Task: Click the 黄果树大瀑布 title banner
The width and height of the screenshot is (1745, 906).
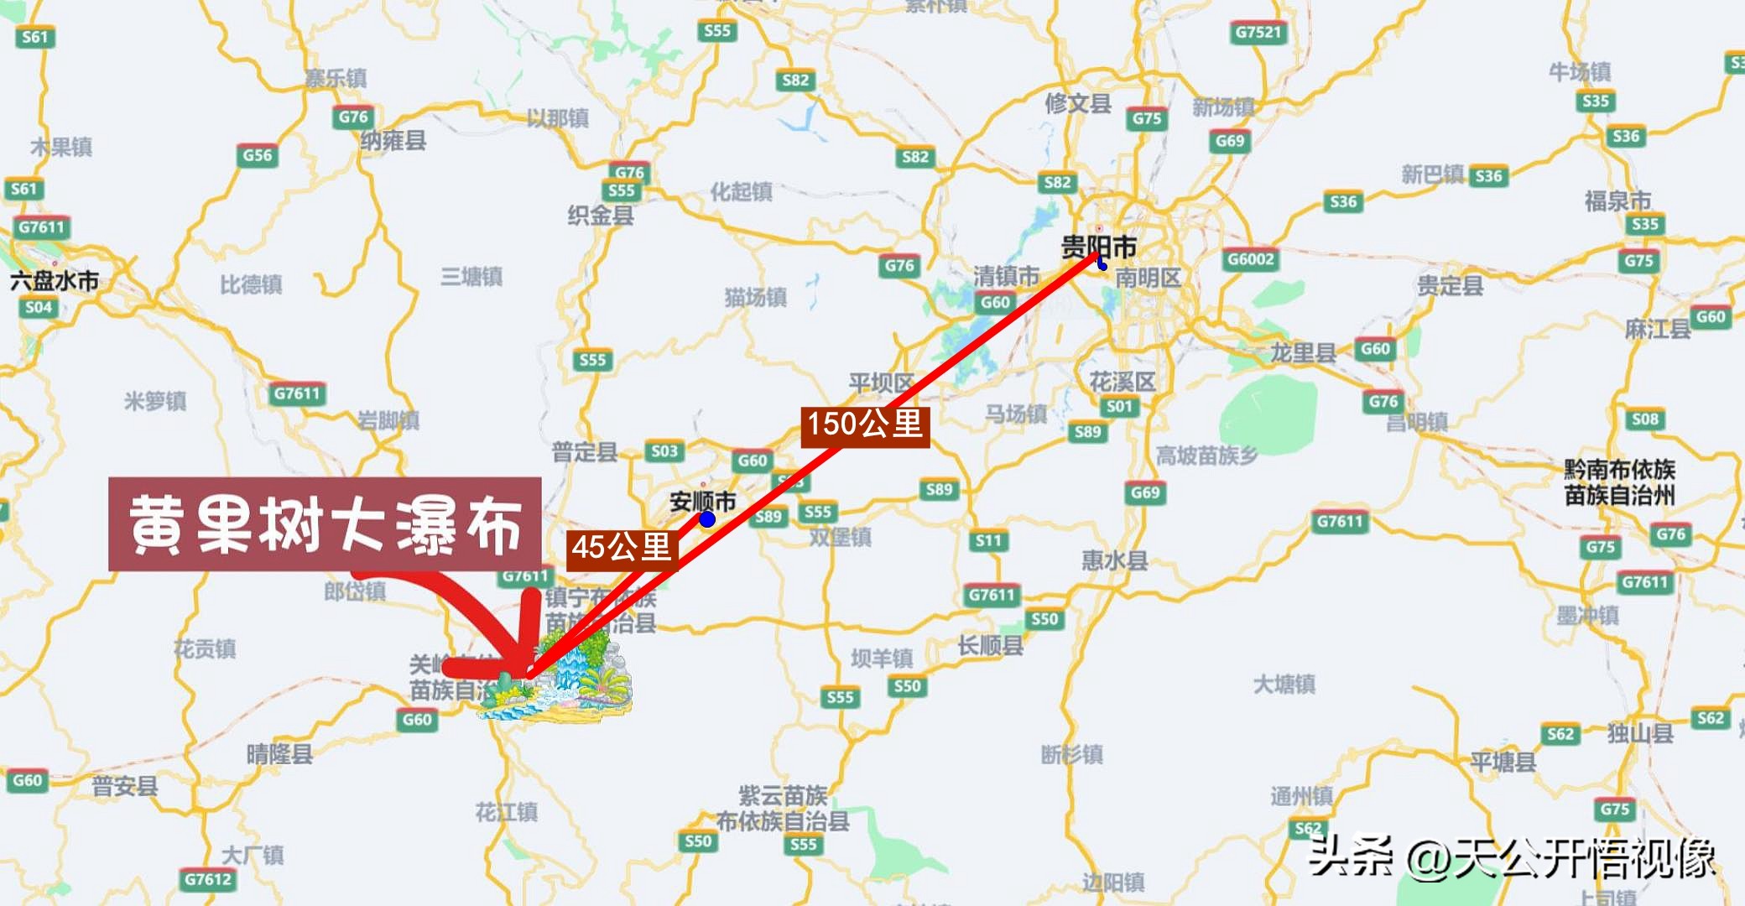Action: (x=325, y=524)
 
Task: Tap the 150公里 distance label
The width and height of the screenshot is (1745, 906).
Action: (x=865, y=424)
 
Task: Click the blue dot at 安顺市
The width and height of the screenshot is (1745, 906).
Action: (x=707, y=519)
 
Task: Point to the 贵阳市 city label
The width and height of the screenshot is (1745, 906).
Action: (x=1099, y=247)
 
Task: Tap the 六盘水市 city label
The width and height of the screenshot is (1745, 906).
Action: (x=55, y=280)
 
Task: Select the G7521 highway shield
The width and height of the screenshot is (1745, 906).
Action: (x=1258, y=33)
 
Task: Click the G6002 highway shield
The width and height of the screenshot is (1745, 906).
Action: (x=1251, y=259)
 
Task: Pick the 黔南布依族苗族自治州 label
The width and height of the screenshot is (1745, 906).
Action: (x=1619, y=482)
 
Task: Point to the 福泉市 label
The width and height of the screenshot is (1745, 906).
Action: (x=1617, y=200)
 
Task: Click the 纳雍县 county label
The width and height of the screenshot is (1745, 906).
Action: (x=393, y=140)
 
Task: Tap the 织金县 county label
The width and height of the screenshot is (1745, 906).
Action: (x=601, y=216)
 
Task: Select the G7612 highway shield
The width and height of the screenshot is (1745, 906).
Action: (x=208, y=879)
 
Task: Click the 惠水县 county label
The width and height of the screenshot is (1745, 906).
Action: (x=1114, y=560)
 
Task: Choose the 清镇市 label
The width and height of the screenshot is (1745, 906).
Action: (x=1006, y=275)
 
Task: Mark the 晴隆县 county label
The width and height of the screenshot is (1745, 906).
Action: (x=279, y=753)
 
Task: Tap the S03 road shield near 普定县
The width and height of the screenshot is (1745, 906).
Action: (x=664, y=451)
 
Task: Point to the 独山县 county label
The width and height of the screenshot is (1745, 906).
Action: (x=1640, y=733)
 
